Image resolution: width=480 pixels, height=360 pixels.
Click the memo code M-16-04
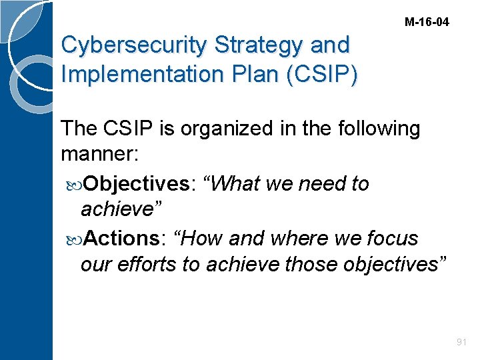point(427,22)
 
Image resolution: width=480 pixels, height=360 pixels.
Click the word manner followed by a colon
point(99,155)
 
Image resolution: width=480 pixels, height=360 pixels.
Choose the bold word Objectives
point(137,183)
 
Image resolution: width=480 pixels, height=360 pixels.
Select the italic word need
point(309,183)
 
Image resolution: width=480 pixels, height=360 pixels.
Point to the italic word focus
point(387,237)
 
